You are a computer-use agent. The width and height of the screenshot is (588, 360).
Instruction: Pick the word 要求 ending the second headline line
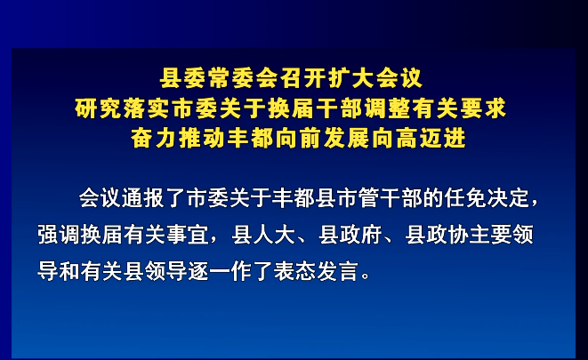[484, 108]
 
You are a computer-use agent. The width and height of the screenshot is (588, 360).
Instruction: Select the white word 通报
[143, 198]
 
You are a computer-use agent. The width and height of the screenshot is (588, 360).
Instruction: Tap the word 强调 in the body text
[59, 235]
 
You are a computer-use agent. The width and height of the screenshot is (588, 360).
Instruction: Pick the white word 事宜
[188, 235]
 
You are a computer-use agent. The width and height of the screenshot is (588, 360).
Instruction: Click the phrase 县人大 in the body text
[263, 235]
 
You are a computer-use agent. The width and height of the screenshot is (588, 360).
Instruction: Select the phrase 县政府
[350, 235]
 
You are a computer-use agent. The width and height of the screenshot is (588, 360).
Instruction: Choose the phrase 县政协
[437, 235]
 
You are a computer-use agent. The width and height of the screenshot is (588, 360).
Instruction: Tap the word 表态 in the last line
[294, 271]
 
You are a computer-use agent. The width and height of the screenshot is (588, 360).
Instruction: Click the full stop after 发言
[366, 276]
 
